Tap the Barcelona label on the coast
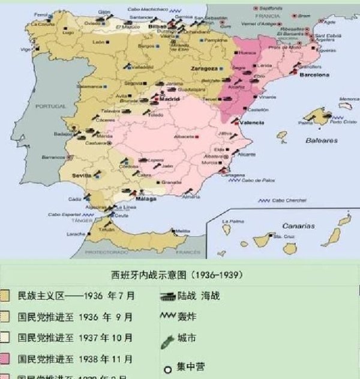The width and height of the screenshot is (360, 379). point(315,76)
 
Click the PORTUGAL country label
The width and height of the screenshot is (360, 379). point(50,106)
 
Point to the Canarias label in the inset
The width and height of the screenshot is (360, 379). point(298,226)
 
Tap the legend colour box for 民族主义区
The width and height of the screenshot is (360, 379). point(5,296)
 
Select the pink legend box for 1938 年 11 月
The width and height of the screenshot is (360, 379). point(5,359)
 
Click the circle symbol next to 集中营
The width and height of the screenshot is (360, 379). point(169,368)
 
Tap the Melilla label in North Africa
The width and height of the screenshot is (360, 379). point(182,231)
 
